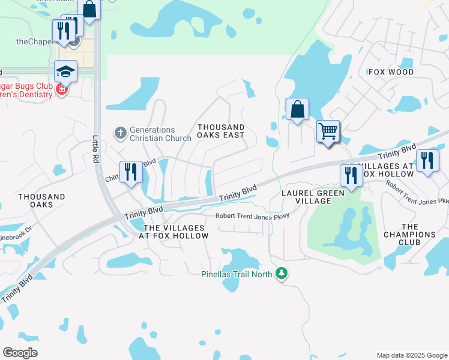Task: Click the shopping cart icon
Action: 328,130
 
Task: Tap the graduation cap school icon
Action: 66,71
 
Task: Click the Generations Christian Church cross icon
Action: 120,133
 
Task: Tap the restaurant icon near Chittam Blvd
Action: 130,172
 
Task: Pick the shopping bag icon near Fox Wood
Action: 297,109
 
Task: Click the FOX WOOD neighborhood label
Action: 391,72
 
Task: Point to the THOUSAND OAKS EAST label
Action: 221,131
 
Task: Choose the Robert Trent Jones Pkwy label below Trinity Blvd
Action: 253,216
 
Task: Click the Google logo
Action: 20,353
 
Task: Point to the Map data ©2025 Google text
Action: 412,355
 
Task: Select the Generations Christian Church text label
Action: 152,134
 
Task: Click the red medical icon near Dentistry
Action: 61,90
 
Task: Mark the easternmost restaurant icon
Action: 427,160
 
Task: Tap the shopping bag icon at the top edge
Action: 89,10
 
